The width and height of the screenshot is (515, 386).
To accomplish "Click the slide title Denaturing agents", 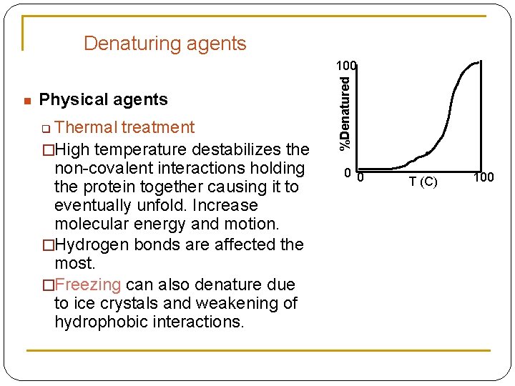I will pos(165,44).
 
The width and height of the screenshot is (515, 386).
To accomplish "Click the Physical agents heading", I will pos(103,99).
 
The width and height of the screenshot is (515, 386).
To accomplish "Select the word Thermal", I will pos(85,128).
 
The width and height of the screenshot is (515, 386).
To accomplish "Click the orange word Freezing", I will pos(88,284).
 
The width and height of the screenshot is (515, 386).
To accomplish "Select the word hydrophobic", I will pos(98,322).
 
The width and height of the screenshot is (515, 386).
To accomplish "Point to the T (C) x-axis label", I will pos(423,182).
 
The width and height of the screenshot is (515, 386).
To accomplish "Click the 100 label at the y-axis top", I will pos(348,66).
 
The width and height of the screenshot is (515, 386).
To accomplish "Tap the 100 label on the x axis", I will pos(484,177).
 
